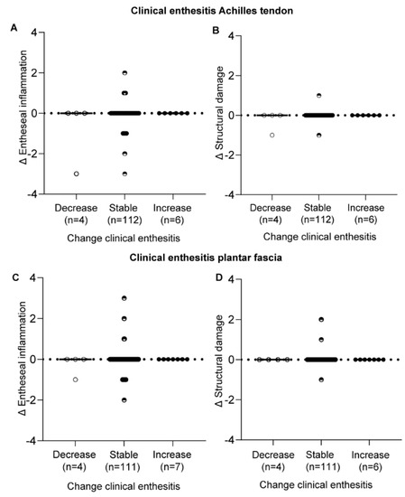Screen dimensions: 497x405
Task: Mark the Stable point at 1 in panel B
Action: [x=319, y=96]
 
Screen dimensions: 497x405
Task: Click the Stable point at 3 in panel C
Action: [x=125, y=298]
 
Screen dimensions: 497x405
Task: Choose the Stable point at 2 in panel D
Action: [x=319, y=320]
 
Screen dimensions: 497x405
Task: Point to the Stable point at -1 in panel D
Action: [x=319, y=380]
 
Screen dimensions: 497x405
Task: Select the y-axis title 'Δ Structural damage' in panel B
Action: [x=222, y=115]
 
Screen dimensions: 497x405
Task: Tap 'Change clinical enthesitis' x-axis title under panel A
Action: [x=125, y=238]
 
